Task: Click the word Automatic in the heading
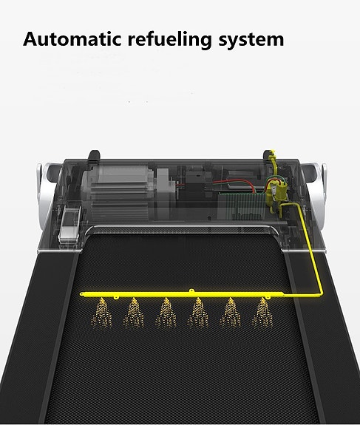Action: [x=72, y=39]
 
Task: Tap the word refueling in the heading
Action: [x=170, y=40]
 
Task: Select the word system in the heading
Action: [x=251, y=41]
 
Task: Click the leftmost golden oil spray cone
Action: [x=102, y=313]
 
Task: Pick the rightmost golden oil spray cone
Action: [x=262, y=313]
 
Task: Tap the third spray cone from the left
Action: [x=166, y=313]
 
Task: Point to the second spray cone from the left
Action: [x=134, y=313]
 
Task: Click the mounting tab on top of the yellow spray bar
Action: [x=191, y=290]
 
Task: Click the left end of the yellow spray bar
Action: [x=81, y=294]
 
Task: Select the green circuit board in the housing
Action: [x=242, y=205]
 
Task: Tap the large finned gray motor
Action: [x=119, y=192]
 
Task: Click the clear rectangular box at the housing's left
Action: [x=69, y=225]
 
